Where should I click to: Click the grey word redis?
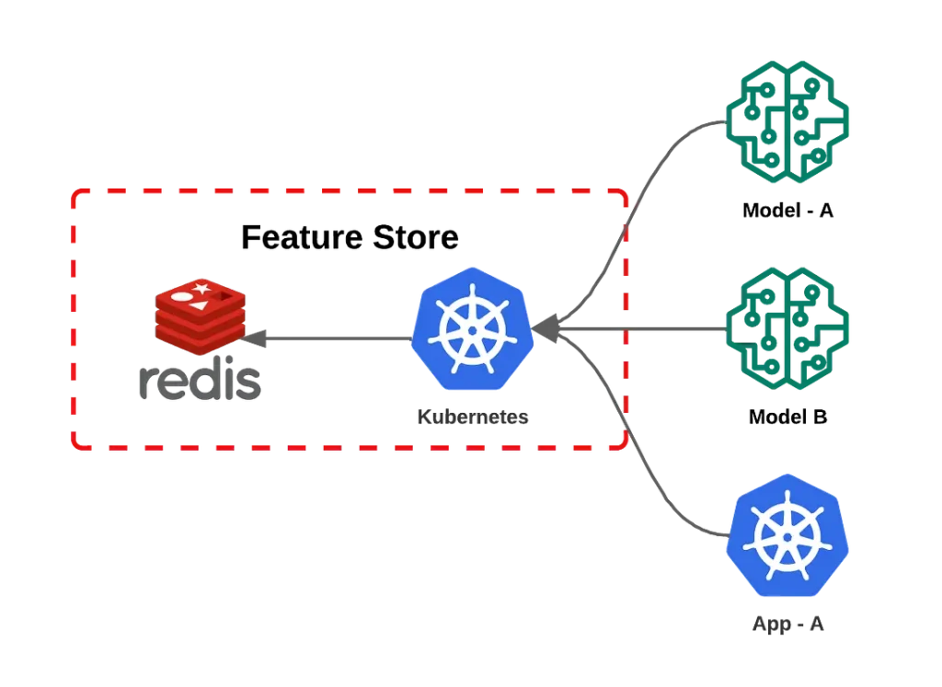[198, 383]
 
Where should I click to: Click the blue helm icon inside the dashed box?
[471, 327]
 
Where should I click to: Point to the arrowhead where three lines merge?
[546, 329]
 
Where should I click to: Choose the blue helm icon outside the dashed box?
[787, 534]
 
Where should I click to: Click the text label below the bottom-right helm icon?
[787, 625]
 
